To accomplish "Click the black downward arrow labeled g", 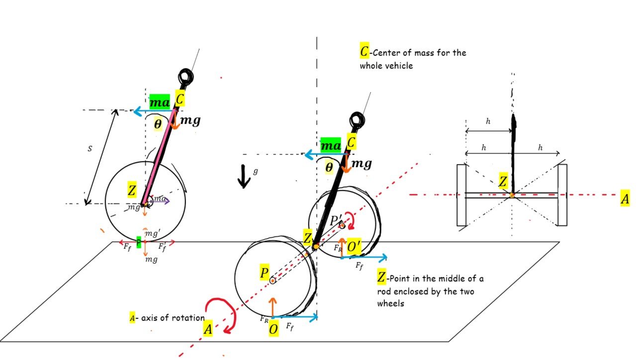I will (x=243, y=176).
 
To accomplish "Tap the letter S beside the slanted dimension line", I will (x=90, y=149).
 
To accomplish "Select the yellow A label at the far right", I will (x=625, y=199).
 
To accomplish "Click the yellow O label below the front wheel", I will (x=273, y=329).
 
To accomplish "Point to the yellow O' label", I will (x=354, y=246).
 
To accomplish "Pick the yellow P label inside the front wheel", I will (x=264, y=272).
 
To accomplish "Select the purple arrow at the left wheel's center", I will (x=160, y=201).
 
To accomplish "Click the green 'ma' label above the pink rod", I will (x=160, y=102).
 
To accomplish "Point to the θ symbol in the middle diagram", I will (x=329, y=168).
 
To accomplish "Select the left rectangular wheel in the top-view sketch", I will (x=461, y=195).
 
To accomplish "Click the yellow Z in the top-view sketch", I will (x=503, y=181).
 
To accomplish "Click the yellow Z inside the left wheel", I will (x=132, y=190).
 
